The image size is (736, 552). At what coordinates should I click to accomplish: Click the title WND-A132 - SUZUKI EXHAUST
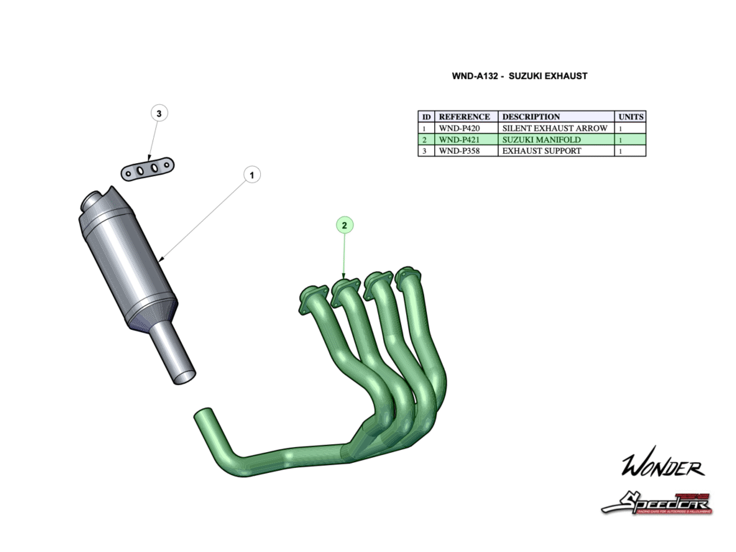click(x=519, y=76)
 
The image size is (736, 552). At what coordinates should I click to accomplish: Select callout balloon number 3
click(x=159, y=113)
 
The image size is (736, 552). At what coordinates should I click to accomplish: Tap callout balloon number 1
click(x=252, y=174)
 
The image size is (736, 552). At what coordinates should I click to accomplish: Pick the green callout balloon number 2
click(x=344, y=225)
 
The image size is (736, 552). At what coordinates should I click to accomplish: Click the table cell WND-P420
click(x=466, y=128)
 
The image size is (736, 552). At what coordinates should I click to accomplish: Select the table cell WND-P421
click(x=466, y=139)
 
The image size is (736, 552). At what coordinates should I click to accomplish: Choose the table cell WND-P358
click(x=466, y=151)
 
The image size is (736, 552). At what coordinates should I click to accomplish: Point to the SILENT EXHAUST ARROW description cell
click(x=556, y=128)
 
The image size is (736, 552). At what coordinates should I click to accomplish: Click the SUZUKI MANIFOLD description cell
click(x=556, y=139)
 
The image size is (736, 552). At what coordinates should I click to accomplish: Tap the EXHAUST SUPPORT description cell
click(x=556, y=151)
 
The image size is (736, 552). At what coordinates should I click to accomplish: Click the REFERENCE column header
click(x=465, y=116)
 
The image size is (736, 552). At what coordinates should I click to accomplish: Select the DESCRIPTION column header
click(x=556, y=116)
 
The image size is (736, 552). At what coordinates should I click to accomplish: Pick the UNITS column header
click(x=630, y=116)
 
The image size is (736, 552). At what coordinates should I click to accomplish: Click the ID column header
click(x=426, y=116)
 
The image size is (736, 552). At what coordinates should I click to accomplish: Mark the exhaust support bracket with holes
click(x=147, y=168)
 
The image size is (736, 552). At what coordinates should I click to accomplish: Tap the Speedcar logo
click(x=656, y=503)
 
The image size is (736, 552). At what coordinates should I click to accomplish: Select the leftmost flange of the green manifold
click(x=310, y=298)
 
